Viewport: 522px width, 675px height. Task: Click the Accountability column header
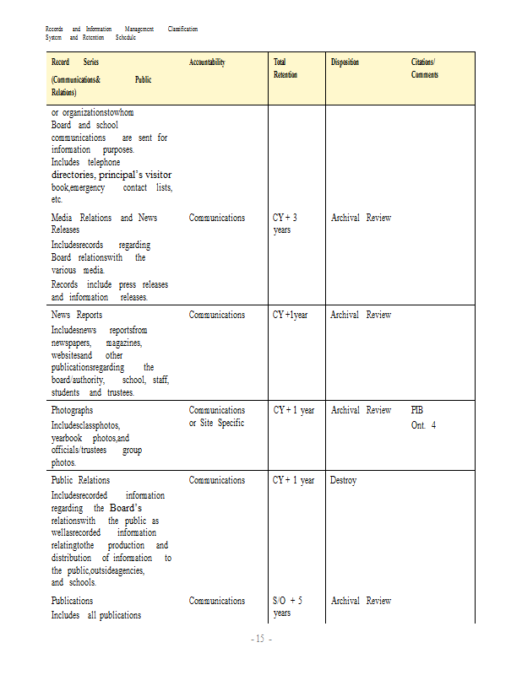[x=207, y=62]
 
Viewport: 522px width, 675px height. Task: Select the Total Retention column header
[x=285, y=68]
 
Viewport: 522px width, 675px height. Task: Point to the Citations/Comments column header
[x=424, y=68]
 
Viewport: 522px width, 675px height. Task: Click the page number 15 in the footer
[x=261, y=640]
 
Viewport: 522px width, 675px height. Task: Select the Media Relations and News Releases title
[x=104, y=224]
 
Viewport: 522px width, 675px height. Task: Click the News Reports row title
[x=77, y=315]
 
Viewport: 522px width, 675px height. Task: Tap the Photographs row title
[x=73, y=410]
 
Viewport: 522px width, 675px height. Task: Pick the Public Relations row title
[x=80, y=480]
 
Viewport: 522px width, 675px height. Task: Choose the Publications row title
[x=72, y=601]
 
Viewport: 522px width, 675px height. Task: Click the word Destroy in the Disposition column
[x=343, y=480]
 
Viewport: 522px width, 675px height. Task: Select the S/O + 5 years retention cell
[x=287, y=607]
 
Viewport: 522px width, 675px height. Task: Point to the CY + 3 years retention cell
[x=285, y=224]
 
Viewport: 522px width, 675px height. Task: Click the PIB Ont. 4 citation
[x=423, y=417]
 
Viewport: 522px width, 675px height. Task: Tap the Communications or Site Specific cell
[x=216, y=416]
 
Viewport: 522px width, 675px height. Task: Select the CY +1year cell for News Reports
[x=290, y=315]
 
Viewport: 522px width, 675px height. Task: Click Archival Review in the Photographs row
[x=361, y=410]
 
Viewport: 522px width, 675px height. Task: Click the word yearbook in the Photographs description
[x=69, y=438]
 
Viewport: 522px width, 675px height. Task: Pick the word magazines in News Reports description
[x=124, y=343]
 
